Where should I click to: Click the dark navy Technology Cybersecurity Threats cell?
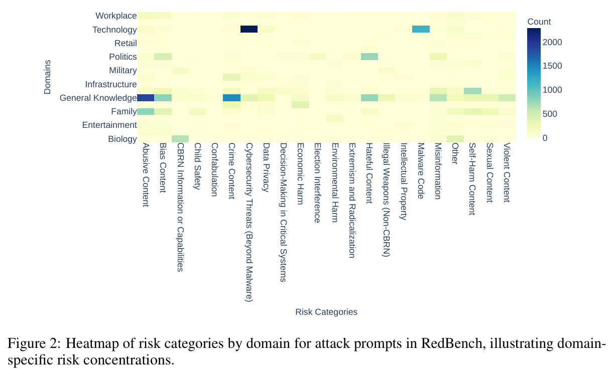tap(249, 29)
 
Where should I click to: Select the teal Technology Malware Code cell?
tap(421, 29)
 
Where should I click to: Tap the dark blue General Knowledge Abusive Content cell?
tap(146, 98)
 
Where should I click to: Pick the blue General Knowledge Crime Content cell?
tap(231, 98)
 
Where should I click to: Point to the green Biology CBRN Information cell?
tap(180, 139)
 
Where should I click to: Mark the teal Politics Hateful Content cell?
tap(370, 57)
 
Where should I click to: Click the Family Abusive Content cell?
tap(146, 111)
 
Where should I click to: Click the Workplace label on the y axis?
tap(116, 16)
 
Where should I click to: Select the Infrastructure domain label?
tap(111, 84)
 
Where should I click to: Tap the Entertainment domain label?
tap(109, 125)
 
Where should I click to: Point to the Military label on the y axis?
tap(123, 70)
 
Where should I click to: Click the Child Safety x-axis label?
tap(197, 166)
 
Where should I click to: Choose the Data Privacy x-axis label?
tap(266, 167)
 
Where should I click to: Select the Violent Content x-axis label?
tap(507, 172)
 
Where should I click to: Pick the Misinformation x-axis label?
tap(438, 171)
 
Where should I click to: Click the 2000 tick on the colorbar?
tap(552, 42)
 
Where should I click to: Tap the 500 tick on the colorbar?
tap(550, 114)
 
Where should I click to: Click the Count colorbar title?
tap(539, 22)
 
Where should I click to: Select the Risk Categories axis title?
tap(326, 312)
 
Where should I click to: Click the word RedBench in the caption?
tap(452, 343)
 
